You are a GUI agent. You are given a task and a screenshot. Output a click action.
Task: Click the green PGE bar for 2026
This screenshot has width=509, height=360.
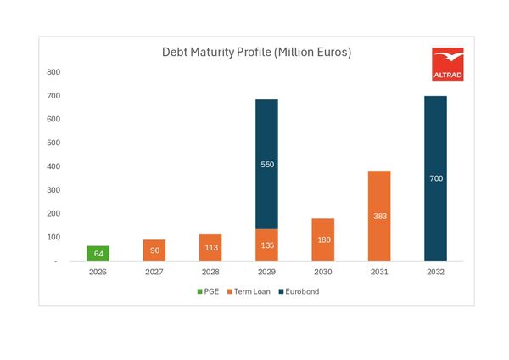(x=98, y=253)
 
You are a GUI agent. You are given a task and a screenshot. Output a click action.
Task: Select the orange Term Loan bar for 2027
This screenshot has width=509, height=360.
(x=154, y=250)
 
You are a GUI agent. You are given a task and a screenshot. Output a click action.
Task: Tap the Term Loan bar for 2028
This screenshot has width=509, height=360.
(x=210, y=247)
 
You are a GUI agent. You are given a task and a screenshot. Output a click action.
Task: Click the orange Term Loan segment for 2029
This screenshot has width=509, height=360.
(x=266, y=245)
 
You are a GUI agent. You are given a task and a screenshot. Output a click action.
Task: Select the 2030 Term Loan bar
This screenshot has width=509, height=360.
(x=322, y=239)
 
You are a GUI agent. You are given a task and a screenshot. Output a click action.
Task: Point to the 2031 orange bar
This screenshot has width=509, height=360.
(x=378, y=216)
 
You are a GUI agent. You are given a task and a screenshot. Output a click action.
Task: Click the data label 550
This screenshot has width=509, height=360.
(x=266, y=164)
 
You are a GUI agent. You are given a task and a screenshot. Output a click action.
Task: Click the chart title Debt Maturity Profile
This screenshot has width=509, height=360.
(x=256, y=52)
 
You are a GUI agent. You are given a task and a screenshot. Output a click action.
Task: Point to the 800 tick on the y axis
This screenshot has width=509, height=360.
(x=53, y=72)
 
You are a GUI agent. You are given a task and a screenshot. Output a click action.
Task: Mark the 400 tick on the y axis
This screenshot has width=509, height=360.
(x=53, y=166)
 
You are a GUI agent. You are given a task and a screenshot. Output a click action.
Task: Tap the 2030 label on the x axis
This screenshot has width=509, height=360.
(x=322, y=273)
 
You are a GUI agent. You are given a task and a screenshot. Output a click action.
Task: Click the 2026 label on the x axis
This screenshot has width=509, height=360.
(x=98, y=273)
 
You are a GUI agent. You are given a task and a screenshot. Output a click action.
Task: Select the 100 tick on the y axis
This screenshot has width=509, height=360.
(x=53, y=238)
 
